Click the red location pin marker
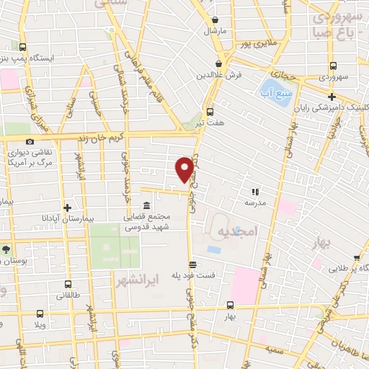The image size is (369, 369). click(x=184, y=169)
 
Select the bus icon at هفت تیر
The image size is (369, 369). click(x=210, y=112)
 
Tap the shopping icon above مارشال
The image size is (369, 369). click(x=215, y=19)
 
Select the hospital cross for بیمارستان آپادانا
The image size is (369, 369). click(x=66, y=205)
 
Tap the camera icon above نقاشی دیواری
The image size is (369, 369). click(x=30, y=142)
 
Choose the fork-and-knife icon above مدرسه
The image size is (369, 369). click(x=254, y=192)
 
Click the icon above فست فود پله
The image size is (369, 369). click(x=192, y=264)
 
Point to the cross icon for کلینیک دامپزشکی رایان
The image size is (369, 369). click(x=332, y=97)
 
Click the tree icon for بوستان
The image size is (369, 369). click(x=6, y=249)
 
